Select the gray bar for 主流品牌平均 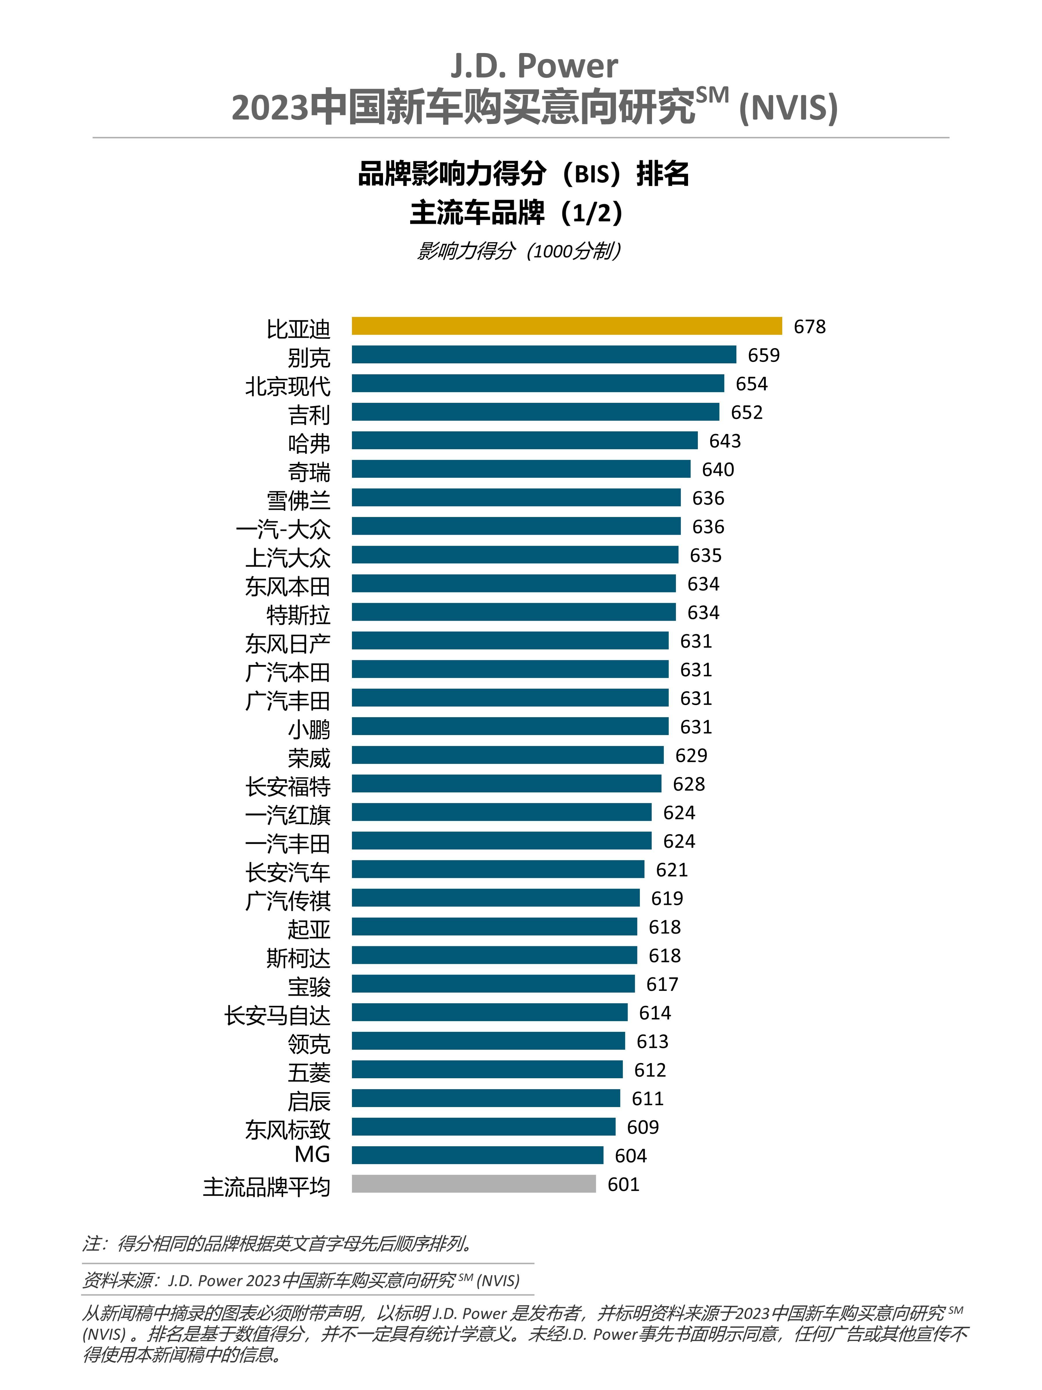click(473, 1184)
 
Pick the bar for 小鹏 click(510, 726)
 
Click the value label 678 click(810, 327)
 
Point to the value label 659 click(763, 356)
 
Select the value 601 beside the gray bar click(623, 1185)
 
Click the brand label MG click(312, 1154)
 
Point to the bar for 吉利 click(535, 411)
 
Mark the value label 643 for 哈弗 click(725, 441)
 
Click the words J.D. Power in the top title click(534, 66)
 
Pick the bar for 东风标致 click(484, 1127)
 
